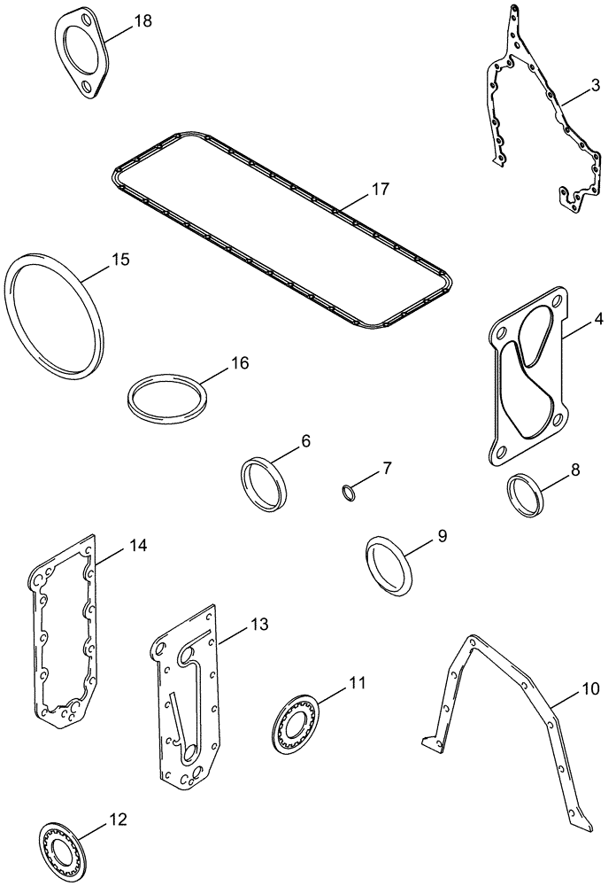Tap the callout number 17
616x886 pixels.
(380, 189)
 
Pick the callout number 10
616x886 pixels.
(589, 688)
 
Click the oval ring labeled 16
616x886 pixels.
(166, 401)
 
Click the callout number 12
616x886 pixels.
(118, 820)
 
